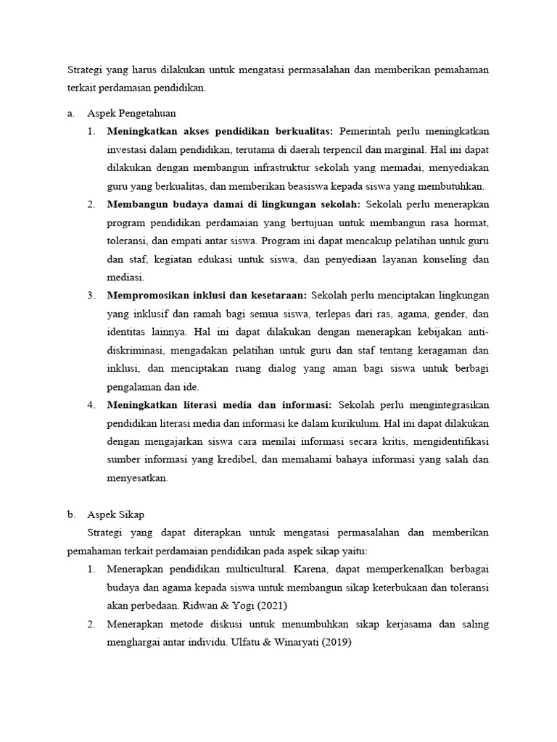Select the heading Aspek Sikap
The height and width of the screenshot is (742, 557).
click(115, 514)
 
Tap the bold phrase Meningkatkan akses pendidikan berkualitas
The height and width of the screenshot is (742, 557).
click(220, 132)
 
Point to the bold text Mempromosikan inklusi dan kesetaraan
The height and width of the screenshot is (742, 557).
click(207, 295)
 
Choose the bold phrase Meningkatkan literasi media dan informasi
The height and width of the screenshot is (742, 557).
click(219, 404)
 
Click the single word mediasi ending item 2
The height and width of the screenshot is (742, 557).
click(125, 277)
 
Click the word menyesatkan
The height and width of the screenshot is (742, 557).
click(136, 477)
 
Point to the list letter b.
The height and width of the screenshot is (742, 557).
click(71, 514)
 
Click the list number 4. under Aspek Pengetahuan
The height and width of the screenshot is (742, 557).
click(91, 404)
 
